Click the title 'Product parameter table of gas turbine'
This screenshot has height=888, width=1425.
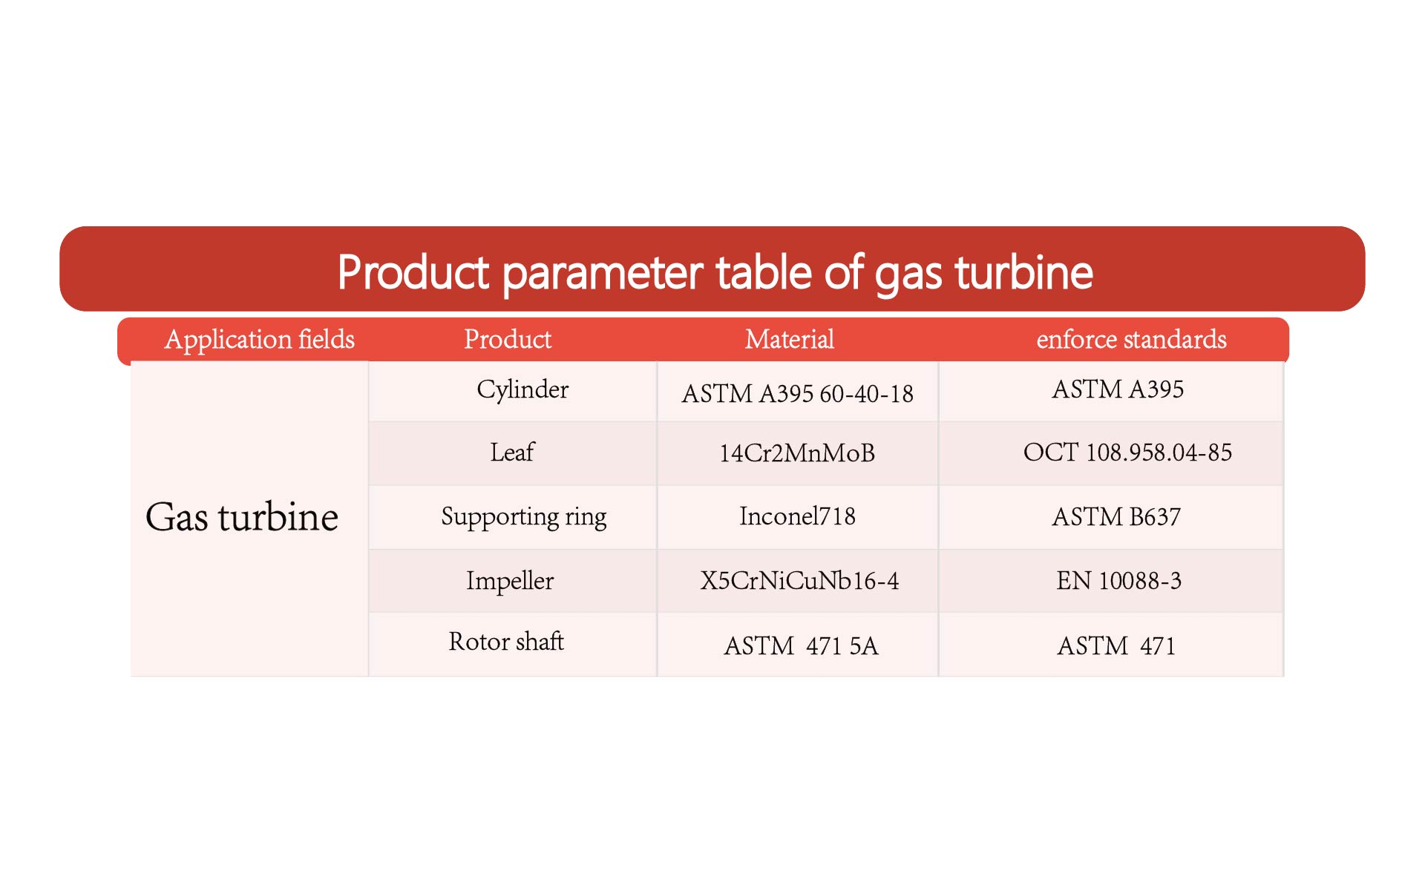click(715, 272)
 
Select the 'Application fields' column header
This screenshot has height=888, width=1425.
click(259, 340)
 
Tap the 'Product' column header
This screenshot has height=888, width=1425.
click(508, 339)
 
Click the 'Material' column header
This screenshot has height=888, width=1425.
click(790, 339)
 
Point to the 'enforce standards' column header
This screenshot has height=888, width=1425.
click(1131, 339)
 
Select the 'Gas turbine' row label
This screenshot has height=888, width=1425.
click(242, 516)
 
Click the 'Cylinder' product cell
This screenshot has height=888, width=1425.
click(522, 390)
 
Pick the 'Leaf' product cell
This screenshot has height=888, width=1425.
click(512, 452)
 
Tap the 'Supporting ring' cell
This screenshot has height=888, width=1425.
click(524, 517)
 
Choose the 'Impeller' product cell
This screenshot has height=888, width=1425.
click(510, 581)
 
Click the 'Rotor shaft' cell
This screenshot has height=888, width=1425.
click(506, 641)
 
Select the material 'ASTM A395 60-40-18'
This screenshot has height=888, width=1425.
click(797, 394)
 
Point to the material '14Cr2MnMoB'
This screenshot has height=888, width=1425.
click(797, 453)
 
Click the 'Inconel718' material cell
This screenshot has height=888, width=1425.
click(797, 516)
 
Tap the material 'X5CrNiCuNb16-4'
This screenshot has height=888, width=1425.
click(799, 581)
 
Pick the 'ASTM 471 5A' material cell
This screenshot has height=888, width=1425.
click(801, 646)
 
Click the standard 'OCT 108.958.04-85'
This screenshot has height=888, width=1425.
click(1127, 453)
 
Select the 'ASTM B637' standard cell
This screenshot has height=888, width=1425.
click(1116, 517)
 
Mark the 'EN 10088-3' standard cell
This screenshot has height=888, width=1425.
click(1118, 581)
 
